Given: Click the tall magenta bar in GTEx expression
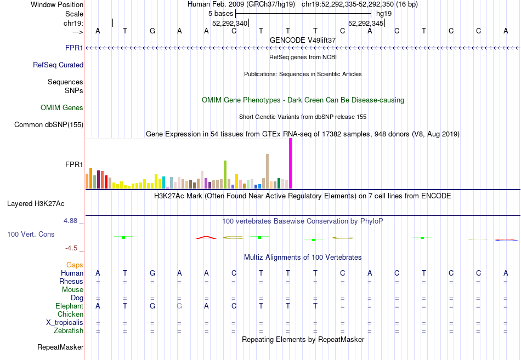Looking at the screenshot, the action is tap(291, 163).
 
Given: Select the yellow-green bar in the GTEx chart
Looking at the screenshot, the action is tap(225, 175).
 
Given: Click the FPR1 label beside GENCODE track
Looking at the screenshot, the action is tap(74, 48).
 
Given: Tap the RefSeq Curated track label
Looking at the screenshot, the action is tap(58, 65).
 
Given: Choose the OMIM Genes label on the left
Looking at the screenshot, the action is tap(62, 107).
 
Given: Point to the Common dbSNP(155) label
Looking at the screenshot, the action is tap(49, 124).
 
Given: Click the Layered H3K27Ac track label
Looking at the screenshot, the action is tap(36, 204).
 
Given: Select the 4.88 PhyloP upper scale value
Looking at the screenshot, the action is tap(70, 221).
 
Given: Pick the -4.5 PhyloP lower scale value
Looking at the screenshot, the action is tap(71, 248).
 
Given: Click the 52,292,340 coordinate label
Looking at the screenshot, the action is tap(230, 23).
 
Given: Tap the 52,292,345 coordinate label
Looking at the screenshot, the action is tap(366, 23).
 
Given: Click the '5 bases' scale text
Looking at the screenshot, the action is tap(220, 14).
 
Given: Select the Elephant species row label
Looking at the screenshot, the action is tap(70, 306).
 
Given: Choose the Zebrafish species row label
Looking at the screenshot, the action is tap(69, 331).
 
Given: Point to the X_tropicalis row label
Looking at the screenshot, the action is tap(65, 323).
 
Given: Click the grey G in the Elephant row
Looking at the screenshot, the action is tap(179, 306).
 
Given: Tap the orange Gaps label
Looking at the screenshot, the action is tap(75, 265).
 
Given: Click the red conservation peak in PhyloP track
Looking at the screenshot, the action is tap(206, 237).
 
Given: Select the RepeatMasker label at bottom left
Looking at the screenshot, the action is tap(60, 347).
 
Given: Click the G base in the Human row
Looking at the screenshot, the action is tap(152, 273).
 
